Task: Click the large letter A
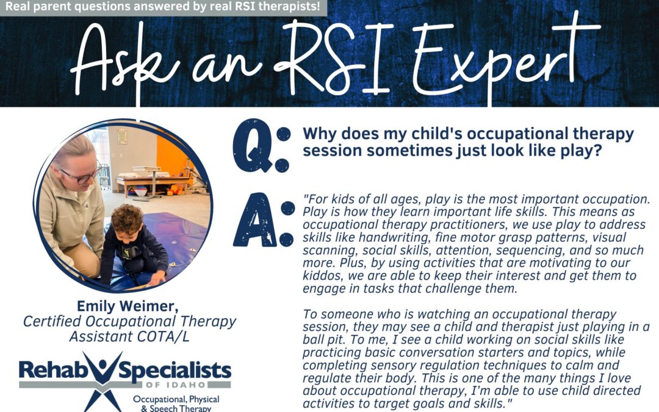coord(255,220)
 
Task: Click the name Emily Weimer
coord(128,306)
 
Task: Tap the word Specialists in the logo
coord(175,371)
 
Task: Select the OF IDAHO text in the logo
coord(176,385)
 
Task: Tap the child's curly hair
coord(129,219)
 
